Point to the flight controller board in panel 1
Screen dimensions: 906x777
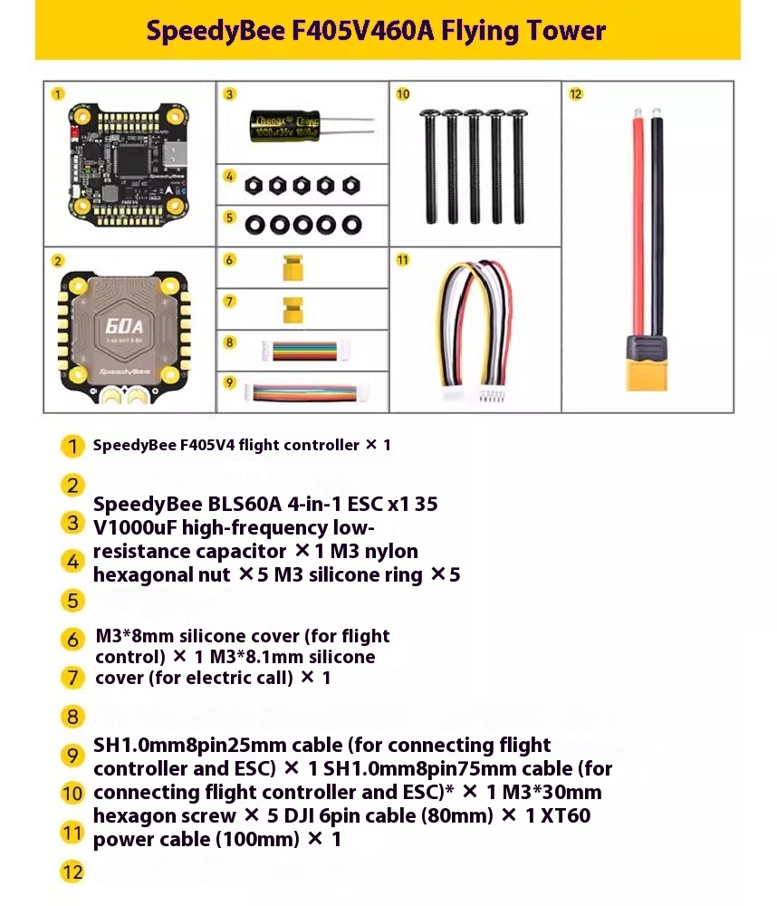128,163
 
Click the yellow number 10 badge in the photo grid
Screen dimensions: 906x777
403,93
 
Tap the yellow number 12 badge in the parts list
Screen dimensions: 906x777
72,872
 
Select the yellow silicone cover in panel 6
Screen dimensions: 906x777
291,268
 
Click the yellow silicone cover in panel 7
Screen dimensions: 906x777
291,311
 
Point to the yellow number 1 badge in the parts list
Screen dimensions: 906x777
72,446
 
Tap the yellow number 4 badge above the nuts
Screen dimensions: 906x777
230,176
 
